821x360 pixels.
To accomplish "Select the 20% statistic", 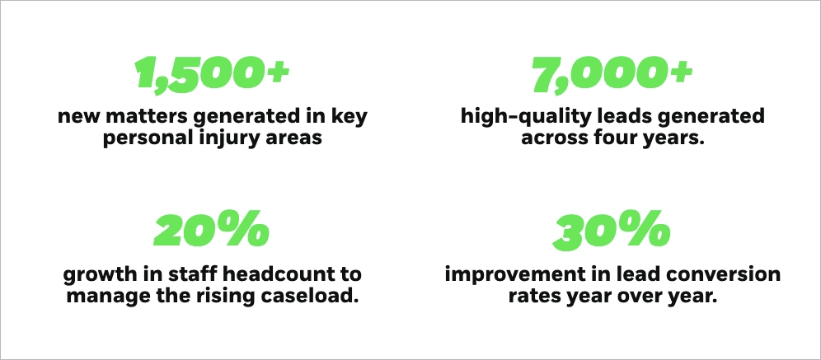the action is pos(212,229).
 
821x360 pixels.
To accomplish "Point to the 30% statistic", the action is pos(612,229).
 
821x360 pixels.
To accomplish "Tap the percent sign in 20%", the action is pos(248,229).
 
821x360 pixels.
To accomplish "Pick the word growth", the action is pos(95,275).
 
